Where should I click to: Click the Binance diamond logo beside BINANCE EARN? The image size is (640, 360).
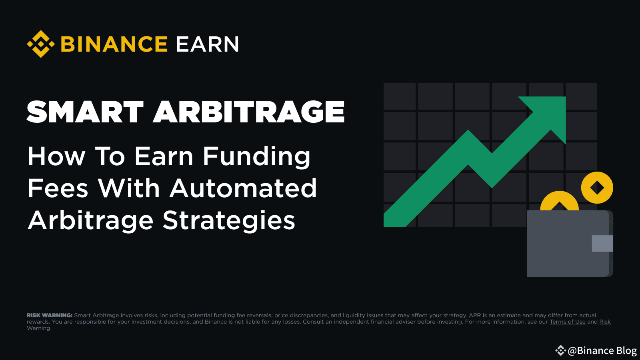(x=40, y=44)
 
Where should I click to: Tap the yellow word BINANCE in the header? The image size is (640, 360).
(x=114, y=44)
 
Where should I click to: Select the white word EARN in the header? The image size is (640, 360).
(x=207, y=44)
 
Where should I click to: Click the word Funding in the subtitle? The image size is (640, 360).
(x=256, y=156)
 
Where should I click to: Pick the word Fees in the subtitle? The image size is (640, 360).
(x=58, y=188)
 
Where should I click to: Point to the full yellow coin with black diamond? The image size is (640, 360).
(x=597, y=188)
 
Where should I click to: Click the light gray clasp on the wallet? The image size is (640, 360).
(x=602, y=243)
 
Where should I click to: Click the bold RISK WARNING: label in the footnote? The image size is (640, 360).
(x=50, y=315)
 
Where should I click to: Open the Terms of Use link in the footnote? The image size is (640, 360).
(x=567, y=322)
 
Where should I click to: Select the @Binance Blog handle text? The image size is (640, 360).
(x=602, y=350)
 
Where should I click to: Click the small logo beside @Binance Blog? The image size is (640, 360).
(x=560, y=350)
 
